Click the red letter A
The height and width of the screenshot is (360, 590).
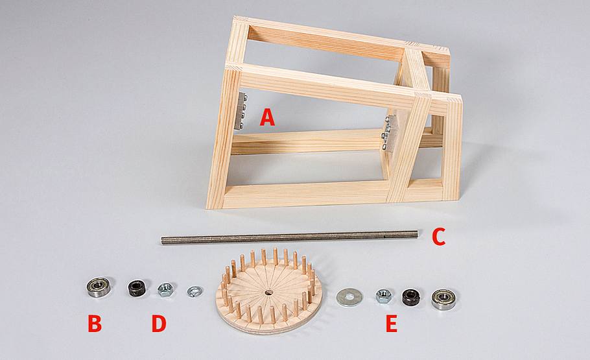tap(267, 117)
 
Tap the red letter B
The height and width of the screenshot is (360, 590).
tap(95, 324)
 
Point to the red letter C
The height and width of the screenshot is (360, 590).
tap(438, 237)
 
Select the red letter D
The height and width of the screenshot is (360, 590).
tap(159, 324)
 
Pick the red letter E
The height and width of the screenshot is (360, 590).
tap(392, 324)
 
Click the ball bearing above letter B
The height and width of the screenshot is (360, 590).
tap(98, 287)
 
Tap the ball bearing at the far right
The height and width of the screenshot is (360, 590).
tap(443, 299)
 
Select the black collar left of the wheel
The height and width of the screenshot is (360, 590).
tap(137, 288)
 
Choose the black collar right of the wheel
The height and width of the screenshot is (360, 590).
tap(412, 297)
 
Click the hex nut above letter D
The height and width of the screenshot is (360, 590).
tap(165, 289)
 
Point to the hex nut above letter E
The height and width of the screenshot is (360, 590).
tap(383, 296)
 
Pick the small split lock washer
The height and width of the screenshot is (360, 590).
tap(195, 291)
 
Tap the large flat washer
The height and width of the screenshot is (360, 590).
tap(349, 296)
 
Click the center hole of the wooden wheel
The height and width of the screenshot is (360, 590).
tap(268, 293)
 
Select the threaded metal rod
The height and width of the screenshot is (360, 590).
tap(289, 237)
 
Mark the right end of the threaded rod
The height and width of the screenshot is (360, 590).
tap(417, 234)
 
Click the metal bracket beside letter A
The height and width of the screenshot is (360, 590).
tap(242, 111)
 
